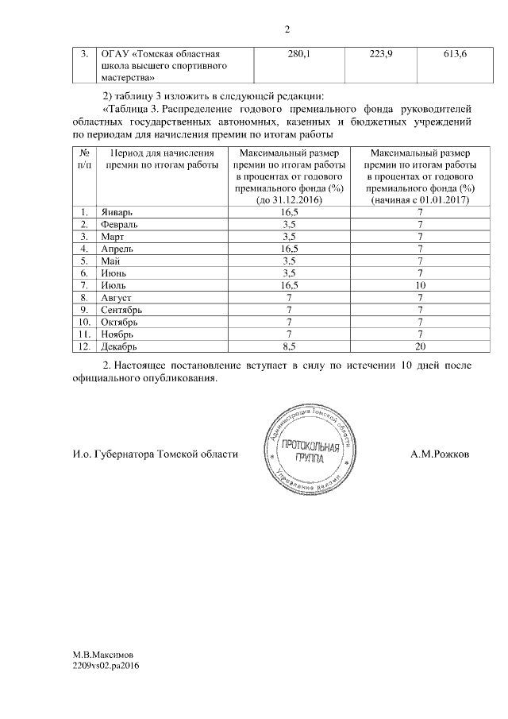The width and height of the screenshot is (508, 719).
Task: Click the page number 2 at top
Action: [x=287, y=29]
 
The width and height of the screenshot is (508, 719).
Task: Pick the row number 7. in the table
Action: [x=83, y=285]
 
